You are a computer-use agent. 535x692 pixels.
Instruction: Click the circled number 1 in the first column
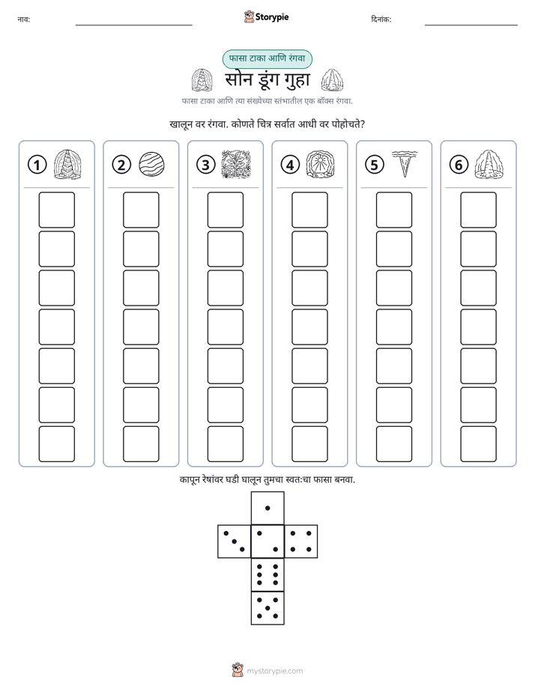point(37,165)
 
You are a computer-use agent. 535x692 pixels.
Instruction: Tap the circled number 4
point(290,165)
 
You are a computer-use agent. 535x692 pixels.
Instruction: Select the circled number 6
point(459,165)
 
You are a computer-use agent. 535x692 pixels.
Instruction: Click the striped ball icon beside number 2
point(151,165)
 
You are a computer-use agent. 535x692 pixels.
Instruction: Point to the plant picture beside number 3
point(236,164)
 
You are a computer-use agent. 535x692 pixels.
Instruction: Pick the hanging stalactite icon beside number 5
point(405,164)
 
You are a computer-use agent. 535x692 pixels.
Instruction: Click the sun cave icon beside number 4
point(320,164)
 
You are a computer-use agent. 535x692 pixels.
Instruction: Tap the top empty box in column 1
point(56,210)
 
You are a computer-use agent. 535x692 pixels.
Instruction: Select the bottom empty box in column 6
point(478,444)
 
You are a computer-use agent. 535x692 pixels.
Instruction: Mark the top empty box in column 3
point(225,210)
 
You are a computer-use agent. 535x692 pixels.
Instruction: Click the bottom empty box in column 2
point(141,444)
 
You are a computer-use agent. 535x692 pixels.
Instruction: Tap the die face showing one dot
point(267,508)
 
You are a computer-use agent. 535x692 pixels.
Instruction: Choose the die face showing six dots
point(267,574)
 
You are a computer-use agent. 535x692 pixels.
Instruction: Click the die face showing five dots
point(267,608)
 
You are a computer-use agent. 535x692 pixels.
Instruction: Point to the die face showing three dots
point(235,541)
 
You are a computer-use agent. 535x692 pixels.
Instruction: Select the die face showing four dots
point(301,541)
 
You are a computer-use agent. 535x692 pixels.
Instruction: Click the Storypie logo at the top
point(266,17)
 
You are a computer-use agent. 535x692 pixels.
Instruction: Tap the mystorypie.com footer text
point(274,671)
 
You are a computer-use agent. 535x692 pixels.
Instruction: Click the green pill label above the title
point(267,58)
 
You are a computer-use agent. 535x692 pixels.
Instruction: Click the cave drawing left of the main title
point(202,80)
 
